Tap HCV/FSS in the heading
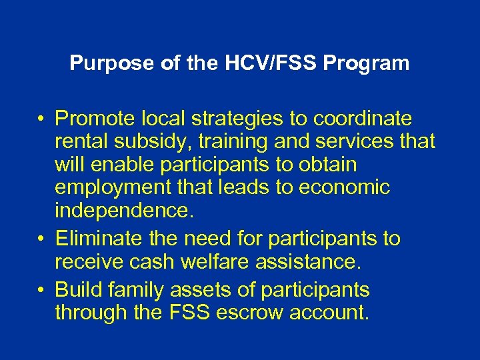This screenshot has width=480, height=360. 255,64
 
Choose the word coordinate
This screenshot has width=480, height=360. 364,119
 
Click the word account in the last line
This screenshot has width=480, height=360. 329,313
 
